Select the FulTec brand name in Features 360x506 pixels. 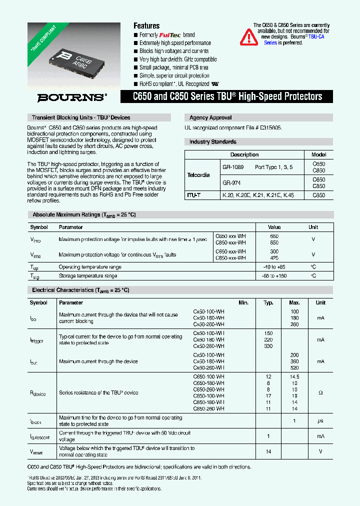pyautogui.click(x=170, y=35)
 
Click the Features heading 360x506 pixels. pyautogui.click(x=146, y=25)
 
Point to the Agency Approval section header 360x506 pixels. pyautogui.click(x=210, y=117)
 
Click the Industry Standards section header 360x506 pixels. pyautogui.click(x=213, y=142)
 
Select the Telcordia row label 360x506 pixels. pyautogui.click(x=198, y=175)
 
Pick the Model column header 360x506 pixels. pyautogui.click(x=318, y=154)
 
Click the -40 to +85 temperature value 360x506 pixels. pyautogui.click(x=274, y=267)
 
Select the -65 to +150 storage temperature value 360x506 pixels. pyautogui.click(x=274, y=275)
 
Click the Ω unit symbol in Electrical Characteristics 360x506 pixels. pyautogui.click(x=320, y=393)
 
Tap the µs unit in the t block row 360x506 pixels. pyautogui.click(x=320, y=421)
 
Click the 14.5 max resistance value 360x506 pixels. pyautogui.click(x=294, y=376)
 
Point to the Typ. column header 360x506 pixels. pyautogui.click(x=268, y=302)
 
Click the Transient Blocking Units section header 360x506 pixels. pyautogui.click(x=81, y=117)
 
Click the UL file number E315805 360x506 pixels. pyautogui.click(x=267, y=128)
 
